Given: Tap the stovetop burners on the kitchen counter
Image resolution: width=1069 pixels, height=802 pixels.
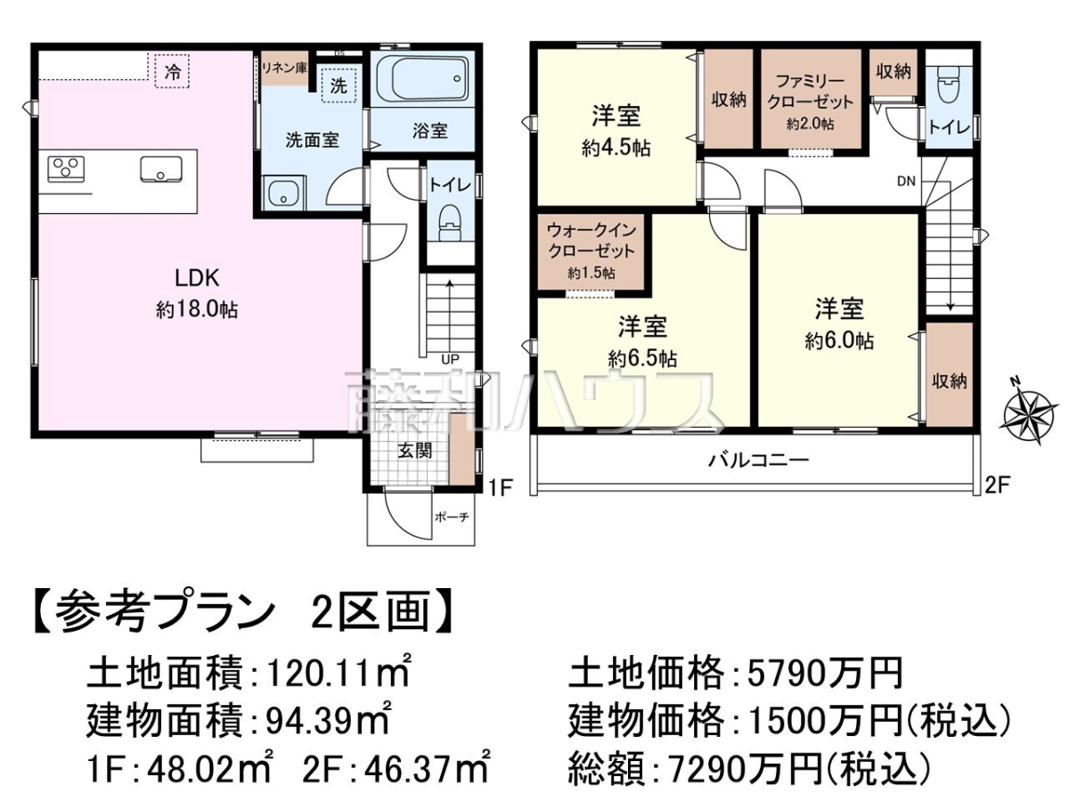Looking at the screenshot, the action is click(x=66, y=169).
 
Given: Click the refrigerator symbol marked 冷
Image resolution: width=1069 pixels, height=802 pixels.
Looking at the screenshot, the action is click(x=172, y=71).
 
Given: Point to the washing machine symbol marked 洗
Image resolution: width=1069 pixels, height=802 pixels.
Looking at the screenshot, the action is click(x=339, y=86).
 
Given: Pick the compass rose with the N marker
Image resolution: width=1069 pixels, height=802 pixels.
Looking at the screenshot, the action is click(x=1029, y=412).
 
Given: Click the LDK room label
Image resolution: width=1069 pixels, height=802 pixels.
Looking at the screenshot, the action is click(x=197, y=278).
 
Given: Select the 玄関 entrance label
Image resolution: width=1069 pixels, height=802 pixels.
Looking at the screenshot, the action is click(x=415, y=451).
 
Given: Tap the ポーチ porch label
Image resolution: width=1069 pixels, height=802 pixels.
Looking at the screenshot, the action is click(x=452, y=517).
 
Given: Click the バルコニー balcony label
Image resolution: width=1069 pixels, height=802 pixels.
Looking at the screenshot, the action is click(x=758, y=460).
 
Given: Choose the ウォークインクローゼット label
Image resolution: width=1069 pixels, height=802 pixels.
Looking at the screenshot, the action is click(x=592, y=241).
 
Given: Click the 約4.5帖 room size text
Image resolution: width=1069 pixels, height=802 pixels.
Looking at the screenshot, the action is click(x=616, y=148).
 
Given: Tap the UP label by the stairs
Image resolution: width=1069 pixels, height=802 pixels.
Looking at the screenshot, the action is click(x=451, y=359).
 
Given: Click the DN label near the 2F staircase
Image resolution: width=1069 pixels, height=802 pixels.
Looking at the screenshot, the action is click(x=906, y=182).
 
